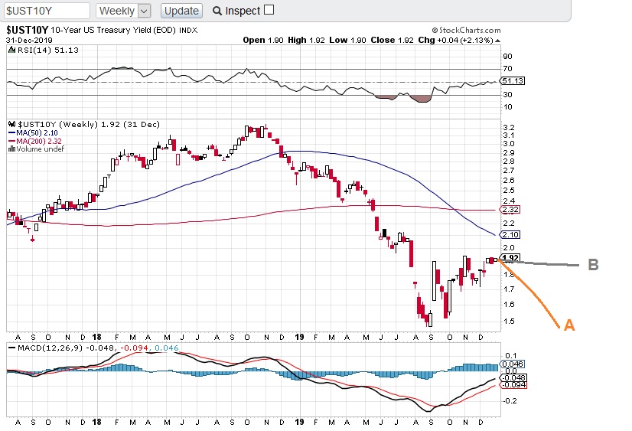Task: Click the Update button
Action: (182, 11)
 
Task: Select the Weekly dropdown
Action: (124, 11)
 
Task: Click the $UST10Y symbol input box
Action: (47, 11)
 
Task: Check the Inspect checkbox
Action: (268, 11)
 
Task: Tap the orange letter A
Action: (568, 325)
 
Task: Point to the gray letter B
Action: (592, 265)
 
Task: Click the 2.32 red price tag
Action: (510, 209)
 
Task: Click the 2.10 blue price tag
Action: (510, 234)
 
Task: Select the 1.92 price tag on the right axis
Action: (510, 258)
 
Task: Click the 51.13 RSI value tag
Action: (511, 80)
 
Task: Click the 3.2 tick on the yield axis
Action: (507, 128)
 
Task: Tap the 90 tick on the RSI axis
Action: (507, 56)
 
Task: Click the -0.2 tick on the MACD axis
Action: (507, 400)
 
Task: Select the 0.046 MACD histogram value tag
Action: (510, 364)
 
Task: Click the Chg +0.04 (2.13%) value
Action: (466, 40)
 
